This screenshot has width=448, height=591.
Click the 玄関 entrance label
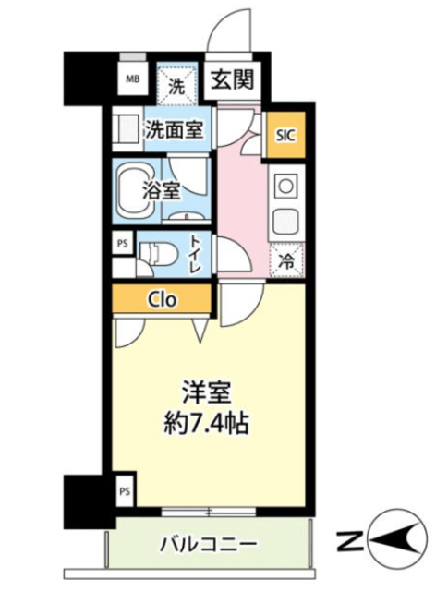[x=232, y=80]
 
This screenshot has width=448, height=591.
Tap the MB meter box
[x=132, y=79]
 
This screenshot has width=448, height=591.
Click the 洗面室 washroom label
[x=175, y=130]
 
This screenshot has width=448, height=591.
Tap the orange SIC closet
[x=285, y=135]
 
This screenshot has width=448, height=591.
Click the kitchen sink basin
[x=285, y=221]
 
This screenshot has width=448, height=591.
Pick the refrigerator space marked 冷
[x=287, y=260]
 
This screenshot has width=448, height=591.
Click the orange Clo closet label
[x=163, y=299]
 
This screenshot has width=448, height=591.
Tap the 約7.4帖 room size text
[x=206, y=424]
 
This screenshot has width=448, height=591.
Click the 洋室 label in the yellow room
[x=206, y=392]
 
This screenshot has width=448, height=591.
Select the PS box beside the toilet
[x=123, y=243]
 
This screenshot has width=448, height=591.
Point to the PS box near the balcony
[x=125, y=491]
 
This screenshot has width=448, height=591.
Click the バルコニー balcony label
[x=209, y=544]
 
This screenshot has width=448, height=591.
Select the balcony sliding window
[x=209, y=513]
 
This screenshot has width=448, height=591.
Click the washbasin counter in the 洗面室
[x=127, y=129]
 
